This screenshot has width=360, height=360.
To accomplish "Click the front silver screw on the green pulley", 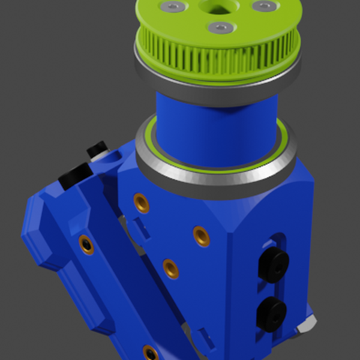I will [220, 28].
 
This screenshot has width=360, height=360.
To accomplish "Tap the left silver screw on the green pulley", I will [173, 7].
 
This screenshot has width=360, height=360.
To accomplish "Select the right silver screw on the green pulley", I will [264, 6].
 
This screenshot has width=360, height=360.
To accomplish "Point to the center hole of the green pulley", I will [215, 7].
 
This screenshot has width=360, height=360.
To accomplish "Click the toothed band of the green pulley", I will [216, 57].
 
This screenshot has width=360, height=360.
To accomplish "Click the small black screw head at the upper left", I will [97, 149].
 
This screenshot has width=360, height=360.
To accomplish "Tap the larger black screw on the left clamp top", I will [76, 174].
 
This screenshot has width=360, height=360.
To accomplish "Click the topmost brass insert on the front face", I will [141, 203].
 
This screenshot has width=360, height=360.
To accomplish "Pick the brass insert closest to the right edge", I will [202, 236].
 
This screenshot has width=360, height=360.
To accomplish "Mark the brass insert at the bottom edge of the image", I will [150, 352].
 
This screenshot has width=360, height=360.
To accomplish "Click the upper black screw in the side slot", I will [274, 265].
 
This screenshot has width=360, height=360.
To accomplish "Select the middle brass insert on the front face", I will [170, 268].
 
